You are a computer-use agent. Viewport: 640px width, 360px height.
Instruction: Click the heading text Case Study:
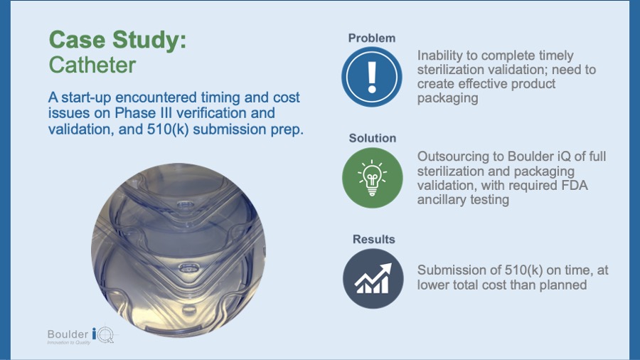[117, 40]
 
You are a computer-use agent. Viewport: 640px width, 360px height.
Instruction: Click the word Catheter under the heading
[92, 65]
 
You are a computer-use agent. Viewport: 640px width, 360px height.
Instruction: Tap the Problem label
[371, 38]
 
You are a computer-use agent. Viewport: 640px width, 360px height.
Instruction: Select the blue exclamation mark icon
[372, 77]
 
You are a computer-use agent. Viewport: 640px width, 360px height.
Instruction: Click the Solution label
[372, 138]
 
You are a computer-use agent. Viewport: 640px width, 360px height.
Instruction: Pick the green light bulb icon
[372, 178]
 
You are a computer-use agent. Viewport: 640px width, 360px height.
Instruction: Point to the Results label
[374, 239]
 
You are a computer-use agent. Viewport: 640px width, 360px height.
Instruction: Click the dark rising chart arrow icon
[373, 279]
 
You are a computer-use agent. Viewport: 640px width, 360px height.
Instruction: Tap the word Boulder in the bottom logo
[68, 334]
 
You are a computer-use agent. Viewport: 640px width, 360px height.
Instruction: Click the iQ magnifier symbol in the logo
[103, 334]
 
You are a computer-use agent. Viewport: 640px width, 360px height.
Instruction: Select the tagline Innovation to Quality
[68, 342]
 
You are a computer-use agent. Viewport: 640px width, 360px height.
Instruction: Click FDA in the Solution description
[573, 185]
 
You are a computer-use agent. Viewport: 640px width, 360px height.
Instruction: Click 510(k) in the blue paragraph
[168, 129]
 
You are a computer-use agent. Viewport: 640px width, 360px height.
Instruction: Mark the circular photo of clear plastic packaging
[178, 250]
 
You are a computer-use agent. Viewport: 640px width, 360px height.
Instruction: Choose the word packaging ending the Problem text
[447, 98]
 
